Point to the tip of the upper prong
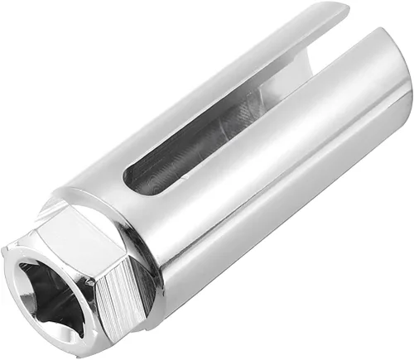coord(341,10)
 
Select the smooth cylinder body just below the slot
coord(248,190)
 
